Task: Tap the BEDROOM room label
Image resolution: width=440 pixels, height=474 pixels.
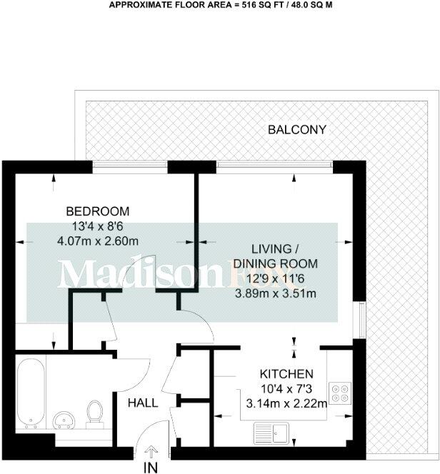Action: (98, 211)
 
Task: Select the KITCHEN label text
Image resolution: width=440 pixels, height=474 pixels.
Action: (286, 374)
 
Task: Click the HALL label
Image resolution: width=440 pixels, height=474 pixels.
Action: (143, 403)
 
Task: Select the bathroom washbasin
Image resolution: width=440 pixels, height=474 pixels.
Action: (65, 419)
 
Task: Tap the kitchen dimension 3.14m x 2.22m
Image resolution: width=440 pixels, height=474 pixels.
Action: (286, 403)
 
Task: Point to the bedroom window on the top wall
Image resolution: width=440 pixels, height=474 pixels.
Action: (131, 166)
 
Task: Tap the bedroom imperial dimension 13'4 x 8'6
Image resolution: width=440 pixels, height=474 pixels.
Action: (98, 226)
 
